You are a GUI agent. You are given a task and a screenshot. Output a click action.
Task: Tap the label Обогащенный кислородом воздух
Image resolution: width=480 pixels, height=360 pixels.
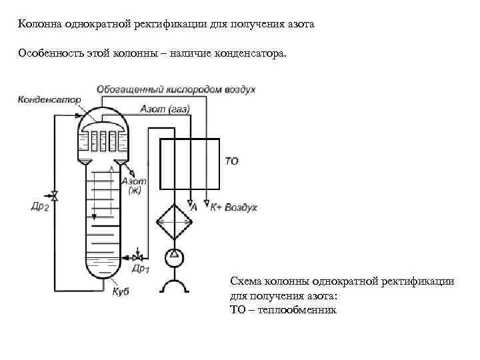pos(176,89)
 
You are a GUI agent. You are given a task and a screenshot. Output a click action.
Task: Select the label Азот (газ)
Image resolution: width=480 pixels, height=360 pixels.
pos(165,109)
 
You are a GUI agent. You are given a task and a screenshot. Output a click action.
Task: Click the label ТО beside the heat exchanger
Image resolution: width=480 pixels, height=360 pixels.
pos(231,161)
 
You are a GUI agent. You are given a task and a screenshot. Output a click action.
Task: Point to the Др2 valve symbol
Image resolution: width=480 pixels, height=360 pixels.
pos(55,195)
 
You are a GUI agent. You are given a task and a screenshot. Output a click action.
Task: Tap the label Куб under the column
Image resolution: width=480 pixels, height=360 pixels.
pos(121,291)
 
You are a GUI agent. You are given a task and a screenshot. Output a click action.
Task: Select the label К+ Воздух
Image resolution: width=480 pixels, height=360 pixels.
pos(233,208)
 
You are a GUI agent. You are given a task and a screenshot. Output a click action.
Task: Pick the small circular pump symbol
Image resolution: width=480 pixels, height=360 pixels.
pos(173,255)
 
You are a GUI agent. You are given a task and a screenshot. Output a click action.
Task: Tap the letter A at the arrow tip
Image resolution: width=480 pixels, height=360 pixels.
pos(194,208)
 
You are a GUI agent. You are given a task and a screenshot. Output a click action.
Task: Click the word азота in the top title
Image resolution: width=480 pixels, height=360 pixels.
pos(299,25)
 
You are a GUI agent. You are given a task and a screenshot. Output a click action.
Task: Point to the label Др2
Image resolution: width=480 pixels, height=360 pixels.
pos(40,207)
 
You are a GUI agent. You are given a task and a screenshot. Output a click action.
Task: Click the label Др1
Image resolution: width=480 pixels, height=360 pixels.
pos(141,269)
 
